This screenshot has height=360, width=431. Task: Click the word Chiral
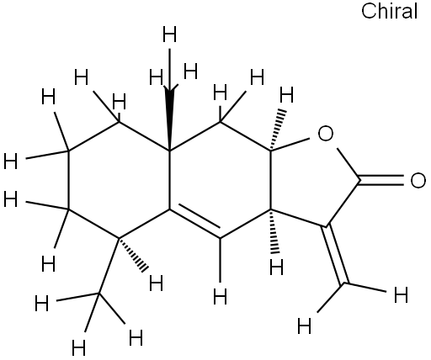click(389, 11)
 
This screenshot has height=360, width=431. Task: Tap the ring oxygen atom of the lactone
click(326, 134)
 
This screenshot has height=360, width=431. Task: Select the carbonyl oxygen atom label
click(418, 180)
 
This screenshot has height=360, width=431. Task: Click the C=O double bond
click(381, 180)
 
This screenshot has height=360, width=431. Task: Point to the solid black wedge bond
click(169, 120)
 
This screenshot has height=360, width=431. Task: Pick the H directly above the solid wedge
click(169, 34)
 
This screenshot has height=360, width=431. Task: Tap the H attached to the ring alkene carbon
click(220, 297)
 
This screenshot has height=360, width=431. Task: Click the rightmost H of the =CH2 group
click(401, 295)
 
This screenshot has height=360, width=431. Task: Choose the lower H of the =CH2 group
click(305, 326)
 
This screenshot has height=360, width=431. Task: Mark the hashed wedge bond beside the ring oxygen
click(277, 130)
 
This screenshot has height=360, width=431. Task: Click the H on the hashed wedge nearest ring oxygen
click(286, 95)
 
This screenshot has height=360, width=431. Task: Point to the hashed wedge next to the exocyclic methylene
click(274, 230)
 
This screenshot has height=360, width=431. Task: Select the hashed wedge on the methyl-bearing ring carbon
click(132, 255)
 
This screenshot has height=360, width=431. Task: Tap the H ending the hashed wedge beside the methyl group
click(156, 283)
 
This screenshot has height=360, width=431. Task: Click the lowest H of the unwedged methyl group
click(78, 348)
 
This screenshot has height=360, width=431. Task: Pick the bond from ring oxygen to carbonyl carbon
click(349, 164)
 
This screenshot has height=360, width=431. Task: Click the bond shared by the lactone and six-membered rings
click(270, 180)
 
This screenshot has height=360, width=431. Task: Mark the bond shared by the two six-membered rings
click(169, 180)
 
